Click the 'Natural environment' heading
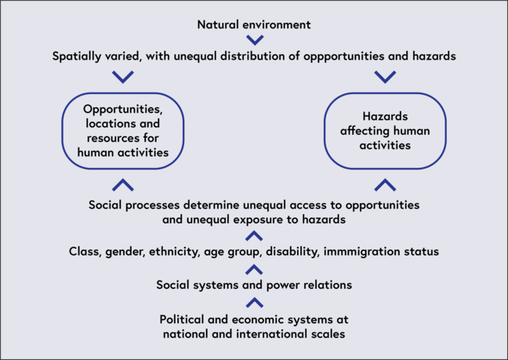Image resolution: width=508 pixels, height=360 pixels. click(253, 24)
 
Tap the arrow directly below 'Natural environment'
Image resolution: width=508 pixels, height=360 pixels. click(254, 40)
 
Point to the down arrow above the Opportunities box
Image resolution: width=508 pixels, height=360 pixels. click(123, 77)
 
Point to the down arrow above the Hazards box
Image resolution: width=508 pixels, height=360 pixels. click(385, 77)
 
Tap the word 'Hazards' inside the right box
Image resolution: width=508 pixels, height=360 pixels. click(385, 116)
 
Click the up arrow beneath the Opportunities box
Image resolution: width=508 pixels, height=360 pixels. click(123, 185)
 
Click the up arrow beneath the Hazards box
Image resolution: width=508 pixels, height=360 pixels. click(385, 185)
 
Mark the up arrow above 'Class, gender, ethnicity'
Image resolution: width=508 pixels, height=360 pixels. click(254, 235)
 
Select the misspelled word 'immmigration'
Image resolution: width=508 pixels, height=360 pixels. click(372, 251)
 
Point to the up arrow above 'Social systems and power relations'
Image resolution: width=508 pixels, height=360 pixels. click(254, 269)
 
